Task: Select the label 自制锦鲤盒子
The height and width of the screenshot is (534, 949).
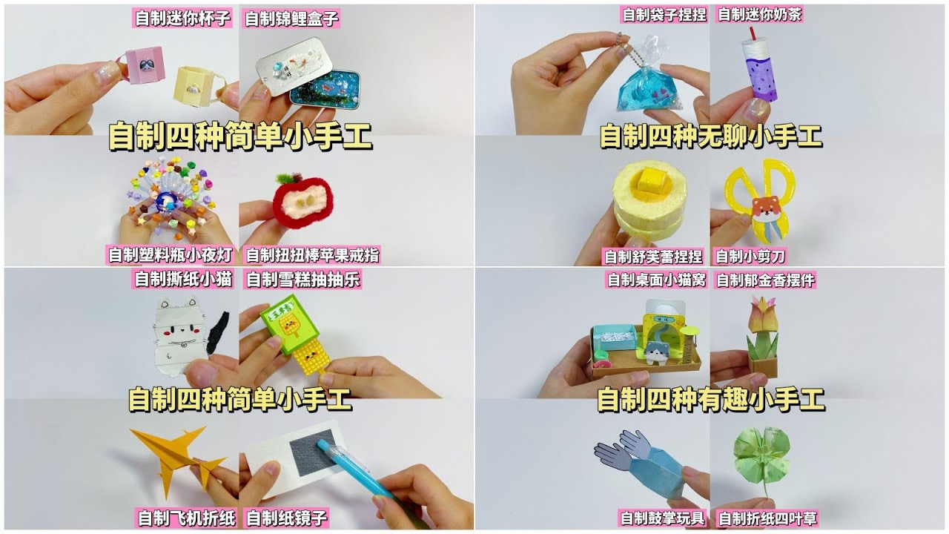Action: [292, 19]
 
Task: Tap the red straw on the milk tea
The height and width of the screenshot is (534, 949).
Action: [751, 33]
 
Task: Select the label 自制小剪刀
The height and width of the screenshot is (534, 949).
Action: [750, 257]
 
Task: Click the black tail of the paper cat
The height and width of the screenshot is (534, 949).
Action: [218, 333]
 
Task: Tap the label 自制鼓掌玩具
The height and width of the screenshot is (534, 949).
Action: [662, 518]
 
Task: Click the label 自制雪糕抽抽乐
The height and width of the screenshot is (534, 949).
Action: [303, 280]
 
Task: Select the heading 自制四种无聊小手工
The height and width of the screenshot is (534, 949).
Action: [711, 136]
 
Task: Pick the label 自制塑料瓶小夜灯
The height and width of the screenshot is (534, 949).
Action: [171, 254]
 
